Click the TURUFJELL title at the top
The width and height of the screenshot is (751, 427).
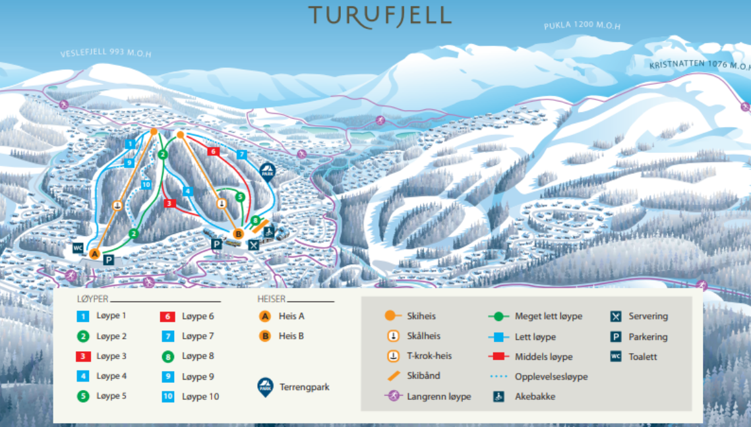[380, 16]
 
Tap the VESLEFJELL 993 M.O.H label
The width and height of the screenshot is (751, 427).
[105, 53]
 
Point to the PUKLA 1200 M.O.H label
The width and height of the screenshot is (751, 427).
[582, 26]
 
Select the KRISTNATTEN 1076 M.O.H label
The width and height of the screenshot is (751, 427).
[700, 65]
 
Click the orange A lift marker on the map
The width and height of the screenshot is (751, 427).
[94, 254]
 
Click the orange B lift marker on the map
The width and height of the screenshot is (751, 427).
[239, 233]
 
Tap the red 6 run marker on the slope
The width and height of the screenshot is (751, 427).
[212, 151]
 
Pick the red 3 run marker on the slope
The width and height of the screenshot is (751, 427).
[169, 203]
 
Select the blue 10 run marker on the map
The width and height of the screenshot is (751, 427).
[146, 185]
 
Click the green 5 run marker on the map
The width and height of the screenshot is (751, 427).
[240, 196]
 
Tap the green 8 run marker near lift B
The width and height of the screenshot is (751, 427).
[255, 219]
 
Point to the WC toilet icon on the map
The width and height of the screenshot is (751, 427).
[78, 248]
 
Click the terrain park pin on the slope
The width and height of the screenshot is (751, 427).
[267, 171]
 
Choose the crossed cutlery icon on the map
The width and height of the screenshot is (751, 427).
[254, 244]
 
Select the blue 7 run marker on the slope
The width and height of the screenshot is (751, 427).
[241, 154]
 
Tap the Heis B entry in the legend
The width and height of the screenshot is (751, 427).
[291, 336]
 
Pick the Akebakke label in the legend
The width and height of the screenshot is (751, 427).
[535, 397]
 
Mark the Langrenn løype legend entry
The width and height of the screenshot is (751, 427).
[438, 397]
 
